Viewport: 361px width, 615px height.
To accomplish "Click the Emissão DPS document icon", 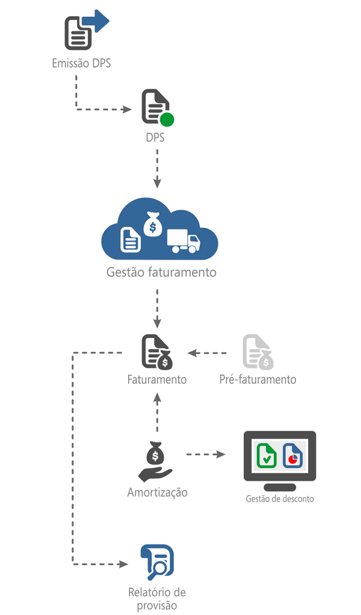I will tap(79, 34).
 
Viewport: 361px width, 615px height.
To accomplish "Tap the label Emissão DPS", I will tap(81, 63).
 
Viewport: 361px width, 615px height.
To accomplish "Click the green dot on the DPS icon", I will tap(167, 119).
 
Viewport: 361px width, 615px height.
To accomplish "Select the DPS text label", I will tap(155, 137).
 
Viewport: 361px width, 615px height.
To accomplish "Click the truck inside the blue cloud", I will tap(184, 242).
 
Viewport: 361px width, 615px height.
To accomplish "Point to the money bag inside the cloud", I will tap(153, 225).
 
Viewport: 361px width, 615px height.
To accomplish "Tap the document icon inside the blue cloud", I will tap(131, 239).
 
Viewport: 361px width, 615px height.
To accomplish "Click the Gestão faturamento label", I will tap(161, 272).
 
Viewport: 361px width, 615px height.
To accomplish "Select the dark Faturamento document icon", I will tap(155, 352).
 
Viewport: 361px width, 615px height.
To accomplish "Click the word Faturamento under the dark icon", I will tap(157, 379).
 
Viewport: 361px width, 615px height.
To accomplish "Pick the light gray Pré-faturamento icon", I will tap(257, 352).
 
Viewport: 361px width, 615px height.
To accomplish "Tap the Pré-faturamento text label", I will tap(258, 379).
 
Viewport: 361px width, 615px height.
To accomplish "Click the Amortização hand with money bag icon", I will tap(155, 462).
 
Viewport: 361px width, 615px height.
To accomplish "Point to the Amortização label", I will tap(158, 492).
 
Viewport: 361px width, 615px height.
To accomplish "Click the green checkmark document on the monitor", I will tap(266, 455).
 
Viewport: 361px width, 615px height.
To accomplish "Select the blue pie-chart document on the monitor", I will tap(293, 455).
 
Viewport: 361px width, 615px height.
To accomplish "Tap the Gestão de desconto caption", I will tap(280, 499).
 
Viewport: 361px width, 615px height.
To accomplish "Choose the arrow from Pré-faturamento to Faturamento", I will tap(208, 353).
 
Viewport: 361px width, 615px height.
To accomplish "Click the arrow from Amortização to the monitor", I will tap(205, 454).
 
